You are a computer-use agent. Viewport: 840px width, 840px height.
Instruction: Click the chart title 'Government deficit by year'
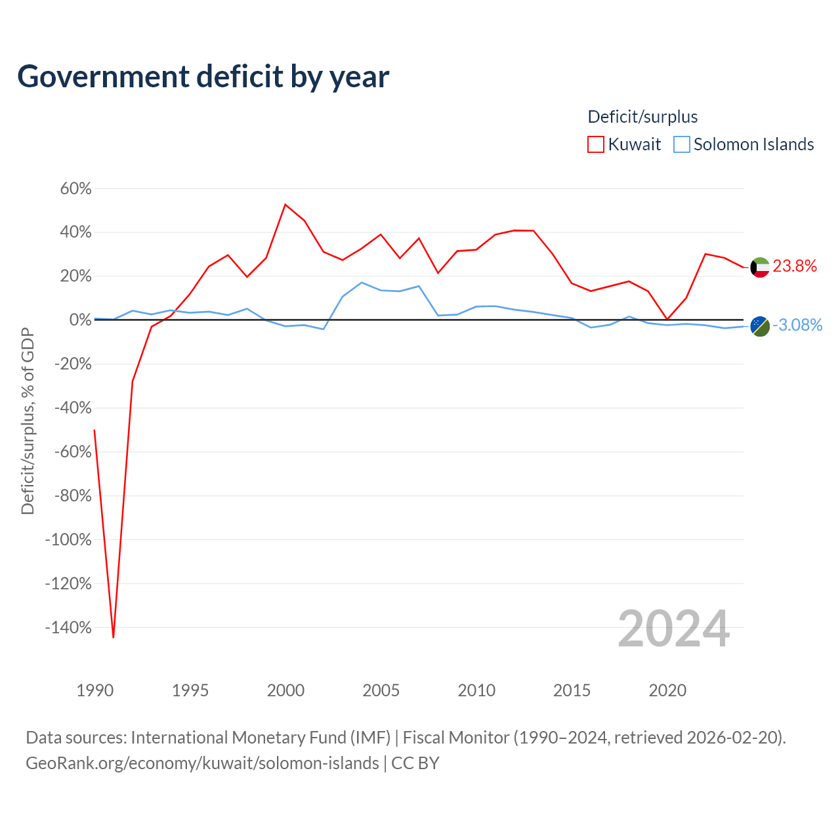pos(203,77)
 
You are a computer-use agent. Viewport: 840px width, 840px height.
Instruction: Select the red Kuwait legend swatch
pos(595,144)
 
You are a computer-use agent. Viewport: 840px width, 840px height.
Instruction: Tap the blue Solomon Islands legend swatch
pos(681,144)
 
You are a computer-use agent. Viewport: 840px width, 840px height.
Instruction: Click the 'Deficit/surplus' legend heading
pos(642,117)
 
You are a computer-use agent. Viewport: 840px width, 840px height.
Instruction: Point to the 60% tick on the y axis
pos(76,189)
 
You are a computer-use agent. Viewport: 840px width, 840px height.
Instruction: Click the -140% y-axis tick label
pos(68,628)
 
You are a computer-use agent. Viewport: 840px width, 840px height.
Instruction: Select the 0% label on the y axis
pos(81,320)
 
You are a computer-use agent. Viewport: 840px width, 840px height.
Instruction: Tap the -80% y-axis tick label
pos(73,495)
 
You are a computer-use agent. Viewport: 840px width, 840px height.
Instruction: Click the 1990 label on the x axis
pos(94,690)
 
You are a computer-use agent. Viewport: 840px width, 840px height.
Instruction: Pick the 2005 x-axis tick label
pos(381,690)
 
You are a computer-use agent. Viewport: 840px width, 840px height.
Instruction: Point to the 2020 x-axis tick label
pos(667,690)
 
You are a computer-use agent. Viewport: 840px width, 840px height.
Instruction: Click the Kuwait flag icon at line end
pos(760,267)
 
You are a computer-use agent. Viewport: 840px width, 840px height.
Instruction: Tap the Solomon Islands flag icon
pos(760,327)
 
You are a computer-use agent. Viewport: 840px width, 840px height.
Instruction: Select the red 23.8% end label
pos(795,266)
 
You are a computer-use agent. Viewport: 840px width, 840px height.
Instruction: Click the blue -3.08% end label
pos(797,325)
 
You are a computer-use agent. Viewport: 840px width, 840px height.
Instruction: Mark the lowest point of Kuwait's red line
pos(114,638)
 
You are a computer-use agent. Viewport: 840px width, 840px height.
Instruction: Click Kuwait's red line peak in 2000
pos(285,205)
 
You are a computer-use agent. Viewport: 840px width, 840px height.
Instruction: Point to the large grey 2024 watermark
pos(673,629)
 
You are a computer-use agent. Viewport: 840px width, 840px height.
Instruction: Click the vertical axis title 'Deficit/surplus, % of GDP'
pos(28,421)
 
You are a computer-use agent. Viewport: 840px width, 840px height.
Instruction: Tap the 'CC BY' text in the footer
pos(415,763)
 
